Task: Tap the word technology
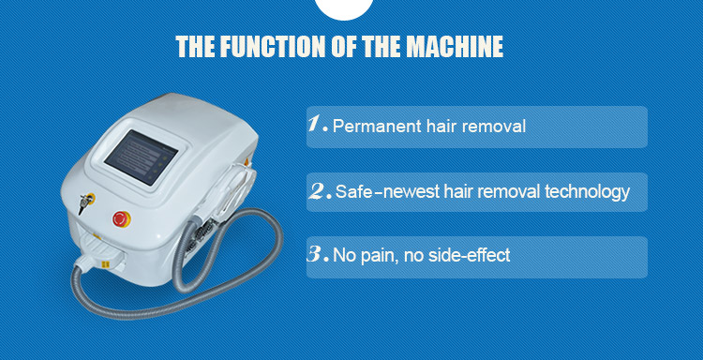point(587,192)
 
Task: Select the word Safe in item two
point(353,192)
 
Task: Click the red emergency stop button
point(122,218)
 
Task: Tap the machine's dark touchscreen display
point(141,157)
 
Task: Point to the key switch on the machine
point(84,202)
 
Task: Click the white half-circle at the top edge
point(344,8)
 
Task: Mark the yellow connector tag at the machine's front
point(105,265)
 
